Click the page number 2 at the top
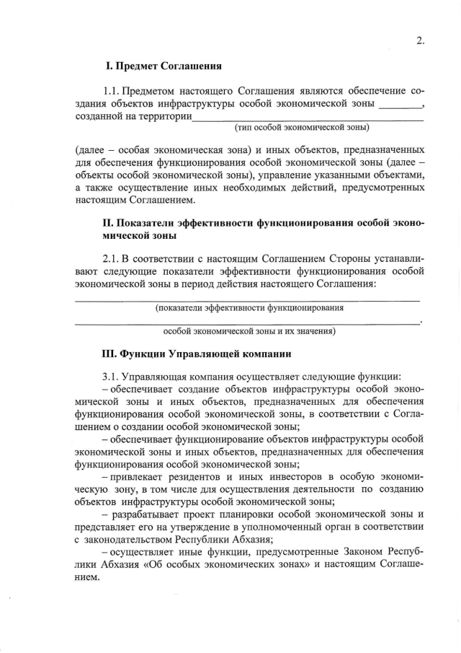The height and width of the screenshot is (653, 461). click(419, 40)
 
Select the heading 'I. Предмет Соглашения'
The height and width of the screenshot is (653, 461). click(163, 66)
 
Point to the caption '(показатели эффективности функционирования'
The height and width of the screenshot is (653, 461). click(249, 307)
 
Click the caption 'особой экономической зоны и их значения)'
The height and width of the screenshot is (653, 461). click(249, 331)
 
